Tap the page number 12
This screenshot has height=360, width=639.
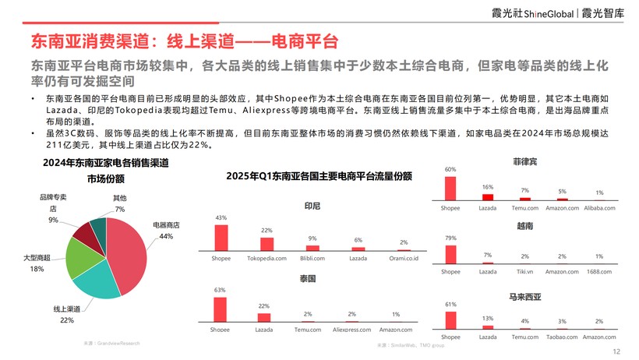[616, 351]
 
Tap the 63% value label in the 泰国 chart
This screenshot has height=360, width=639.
[221, 290]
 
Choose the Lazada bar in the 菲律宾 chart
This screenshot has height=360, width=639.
[488, 196]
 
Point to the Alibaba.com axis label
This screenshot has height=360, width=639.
[599, 208]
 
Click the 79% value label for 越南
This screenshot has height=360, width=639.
[450, 238]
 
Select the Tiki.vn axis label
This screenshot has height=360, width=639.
[524, 272]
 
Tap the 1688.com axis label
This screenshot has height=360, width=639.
[599, 272]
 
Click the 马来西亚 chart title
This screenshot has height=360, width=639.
[525, 296]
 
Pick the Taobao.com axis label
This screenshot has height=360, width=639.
[562, 337]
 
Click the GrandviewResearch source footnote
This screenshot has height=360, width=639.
[111, 343]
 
